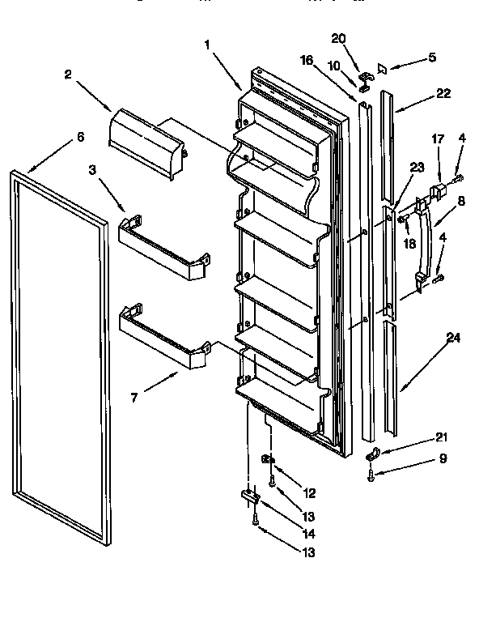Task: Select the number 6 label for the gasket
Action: pos(79,138)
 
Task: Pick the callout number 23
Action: pos(417,168)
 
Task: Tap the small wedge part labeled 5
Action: pos(384,70)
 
